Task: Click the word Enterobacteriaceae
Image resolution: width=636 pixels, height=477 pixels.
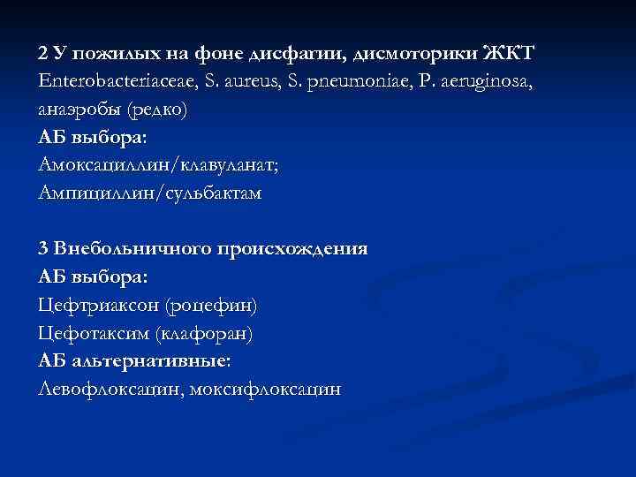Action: (111, 81)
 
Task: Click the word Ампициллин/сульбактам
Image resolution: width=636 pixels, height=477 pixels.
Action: (150, 193)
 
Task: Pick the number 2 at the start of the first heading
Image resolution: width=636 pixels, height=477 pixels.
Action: (43, 53)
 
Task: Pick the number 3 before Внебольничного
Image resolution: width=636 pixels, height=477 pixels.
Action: (43, 248)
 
